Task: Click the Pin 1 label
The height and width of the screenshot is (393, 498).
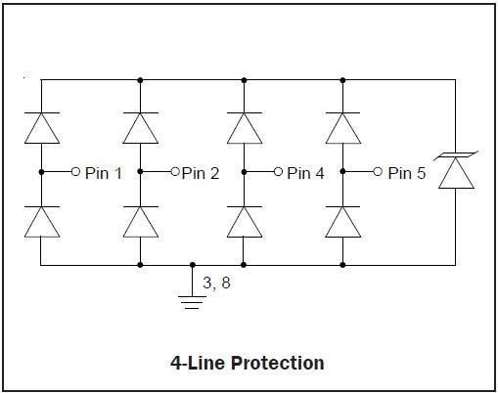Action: (x=104, y=173)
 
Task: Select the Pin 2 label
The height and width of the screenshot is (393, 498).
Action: (x=200, y=173)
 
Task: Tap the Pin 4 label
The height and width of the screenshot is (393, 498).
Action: (x=305, y=173)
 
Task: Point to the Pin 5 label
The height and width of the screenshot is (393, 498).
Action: (x=406, y=173)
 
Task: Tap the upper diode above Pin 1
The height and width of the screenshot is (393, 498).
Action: (x=41, y=127)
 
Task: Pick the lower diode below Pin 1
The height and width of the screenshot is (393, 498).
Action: (x=41, y=222)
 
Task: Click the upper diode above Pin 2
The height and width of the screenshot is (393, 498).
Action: (x=141, y=127)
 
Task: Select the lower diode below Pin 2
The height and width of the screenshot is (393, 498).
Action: (x=141, y=222)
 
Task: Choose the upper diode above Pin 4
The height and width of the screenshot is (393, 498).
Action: (x=243, y=127)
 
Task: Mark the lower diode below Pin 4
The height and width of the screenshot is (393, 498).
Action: (x=243, y=222)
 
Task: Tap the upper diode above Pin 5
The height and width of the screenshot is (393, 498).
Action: (x=343, y=127)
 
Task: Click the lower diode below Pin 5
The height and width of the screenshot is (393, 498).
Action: (x=343, y=222)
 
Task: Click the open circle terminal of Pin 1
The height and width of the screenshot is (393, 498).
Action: (x=75, y=172)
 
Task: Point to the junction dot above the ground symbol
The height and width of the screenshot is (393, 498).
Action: (x=193, y=265)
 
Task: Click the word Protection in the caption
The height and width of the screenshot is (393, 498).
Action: (x=278, y=363)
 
